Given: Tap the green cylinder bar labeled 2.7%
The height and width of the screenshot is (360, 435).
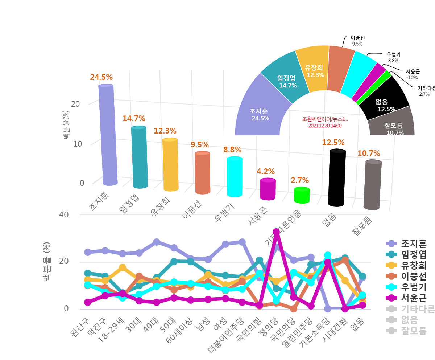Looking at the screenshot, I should click(302, 195).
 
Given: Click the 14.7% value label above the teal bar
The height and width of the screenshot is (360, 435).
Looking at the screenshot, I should click(134, 118).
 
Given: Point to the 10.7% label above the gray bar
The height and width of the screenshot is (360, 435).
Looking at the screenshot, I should click(369, 153).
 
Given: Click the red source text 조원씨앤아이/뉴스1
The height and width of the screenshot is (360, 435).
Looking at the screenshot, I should click(325, 122).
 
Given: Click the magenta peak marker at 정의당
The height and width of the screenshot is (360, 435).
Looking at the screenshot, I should click(276, 232).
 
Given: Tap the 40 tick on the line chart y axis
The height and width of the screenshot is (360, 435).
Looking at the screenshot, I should click(64, 214).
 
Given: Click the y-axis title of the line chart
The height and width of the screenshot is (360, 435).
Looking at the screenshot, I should click(47, 262).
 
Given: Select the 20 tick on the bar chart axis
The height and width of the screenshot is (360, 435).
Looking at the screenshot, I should click(75, 104).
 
